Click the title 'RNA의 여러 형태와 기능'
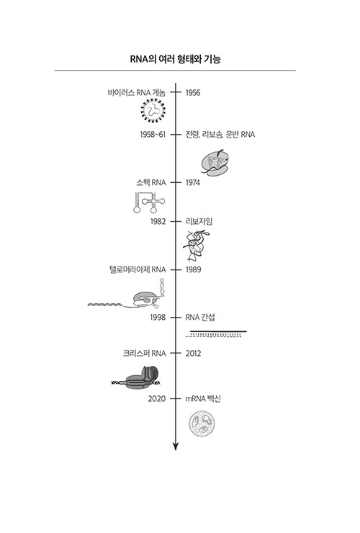point(176,59)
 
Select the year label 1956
point(193,92)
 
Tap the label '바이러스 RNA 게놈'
point(137,92)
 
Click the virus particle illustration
point(153,110)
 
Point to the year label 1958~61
point(153,135)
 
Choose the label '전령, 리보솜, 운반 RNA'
point(220,135)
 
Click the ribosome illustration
point(215,164)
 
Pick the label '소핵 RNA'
point(151,182)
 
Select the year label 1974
point(193,182)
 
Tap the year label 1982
point(158,222)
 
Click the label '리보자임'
point(199,222)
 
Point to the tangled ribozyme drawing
point(196,245)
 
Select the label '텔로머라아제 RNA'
point(138,269)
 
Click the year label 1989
point(193,269)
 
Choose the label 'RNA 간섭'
point(200,318)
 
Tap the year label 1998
point(158,318)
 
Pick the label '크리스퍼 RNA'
point(145,354)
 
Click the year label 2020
point(157,399)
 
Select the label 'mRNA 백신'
point(203,399)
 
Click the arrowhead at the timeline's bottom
point(176,447)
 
